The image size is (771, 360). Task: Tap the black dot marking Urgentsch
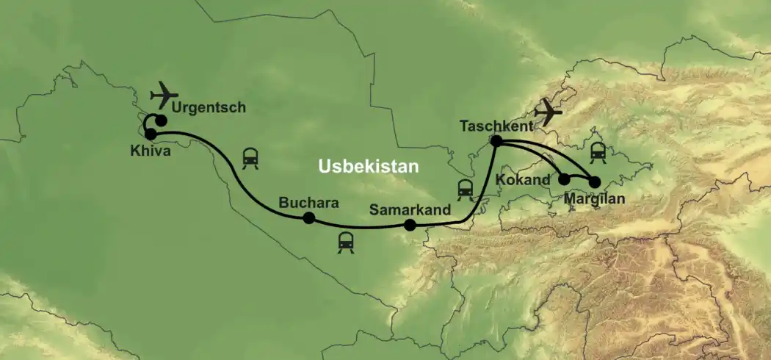click(161, 120)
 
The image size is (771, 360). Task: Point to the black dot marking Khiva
click(151, 134)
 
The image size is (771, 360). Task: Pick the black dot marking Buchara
click(309, 217)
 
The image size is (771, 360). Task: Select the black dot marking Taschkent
click(496, 140)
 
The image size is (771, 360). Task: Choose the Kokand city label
click(523, 179)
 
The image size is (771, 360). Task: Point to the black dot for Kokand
click(564, 179)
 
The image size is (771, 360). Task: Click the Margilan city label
click(595, 197)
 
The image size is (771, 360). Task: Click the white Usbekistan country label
click(368, 167)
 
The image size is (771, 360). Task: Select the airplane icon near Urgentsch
click(164, 96)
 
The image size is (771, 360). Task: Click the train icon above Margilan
click(597, 151)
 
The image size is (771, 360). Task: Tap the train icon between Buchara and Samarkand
click(346, 242)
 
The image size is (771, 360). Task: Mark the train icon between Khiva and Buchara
click(250, 157)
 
